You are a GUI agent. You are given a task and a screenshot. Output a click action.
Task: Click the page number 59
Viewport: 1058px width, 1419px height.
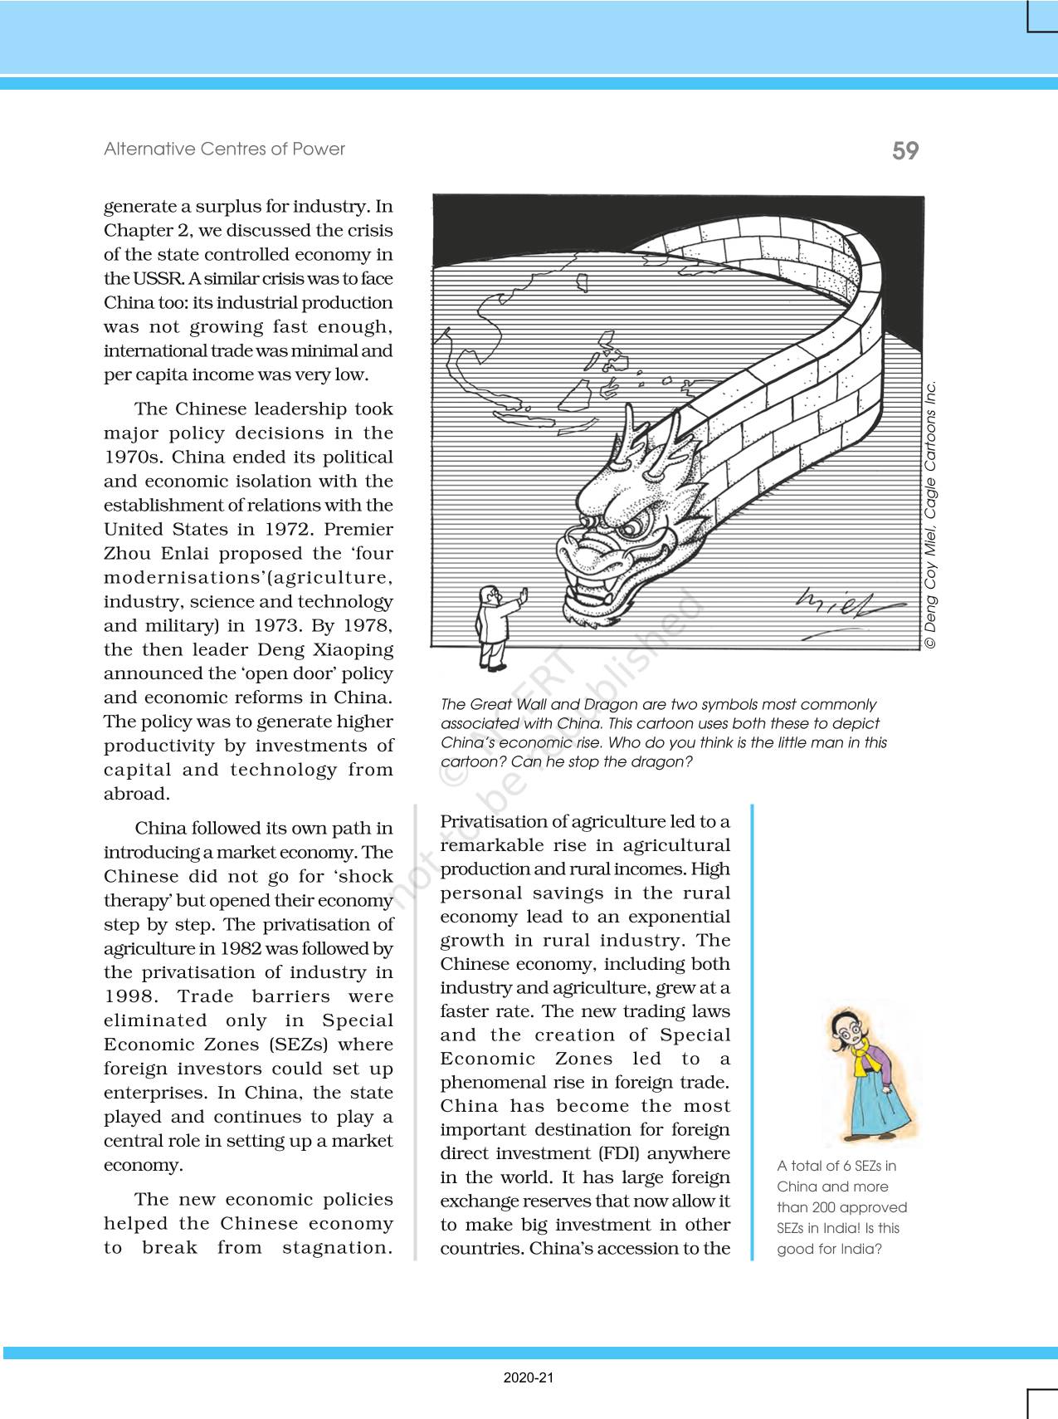905,150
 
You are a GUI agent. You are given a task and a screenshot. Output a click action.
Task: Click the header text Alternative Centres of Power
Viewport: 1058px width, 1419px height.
224,149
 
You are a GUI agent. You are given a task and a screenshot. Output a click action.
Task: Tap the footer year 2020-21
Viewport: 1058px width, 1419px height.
529,1378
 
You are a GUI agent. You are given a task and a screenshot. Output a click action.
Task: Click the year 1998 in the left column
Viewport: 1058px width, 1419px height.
129,996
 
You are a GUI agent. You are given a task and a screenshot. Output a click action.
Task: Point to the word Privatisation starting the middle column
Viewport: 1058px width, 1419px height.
493,822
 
